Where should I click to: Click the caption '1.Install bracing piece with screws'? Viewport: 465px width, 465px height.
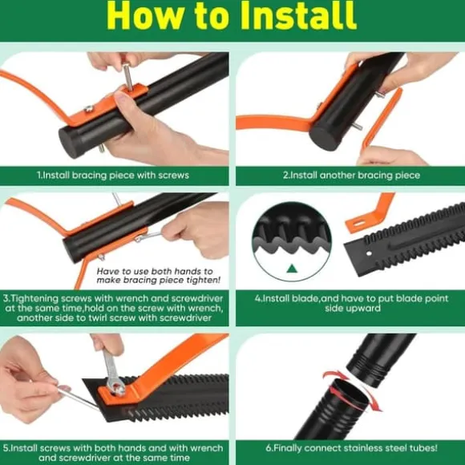click(x=113, y=176)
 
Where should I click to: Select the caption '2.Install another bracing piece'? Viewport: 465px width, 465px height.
click(x=351, y=176)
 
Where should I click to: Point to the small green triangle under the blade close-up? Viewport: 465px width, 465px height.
click(x=292, y=269)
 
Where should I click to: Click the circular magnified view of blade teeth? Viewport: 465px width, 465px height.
click(x=292, y=241)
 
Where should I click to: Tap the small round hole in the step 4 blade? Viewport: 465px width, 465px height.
click(x=369, y=253)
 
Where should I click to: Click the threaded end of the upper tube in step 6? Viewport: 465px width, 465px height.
click(x=369, y=374)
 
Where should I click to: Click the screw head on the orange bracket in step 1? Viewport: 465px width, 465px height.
click(x=88, y=109)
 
